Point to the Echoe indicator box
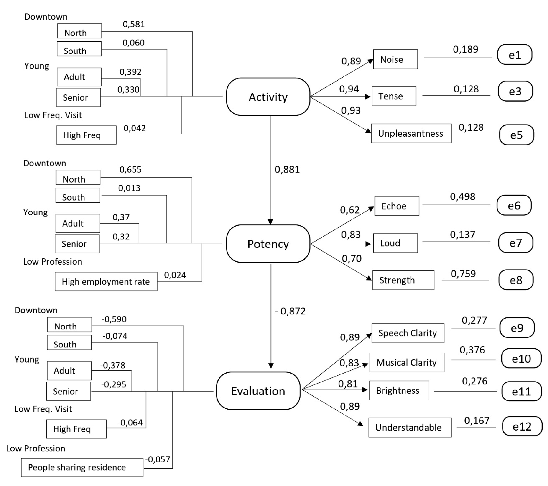pyautogui.click(x=397, y=206)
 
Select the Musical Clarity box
pyautogui.click(x=406, y=362)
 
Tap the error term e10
pyautogui.click(x=521, y=359)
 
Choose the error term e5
pyautogui.click(x=516, y=135)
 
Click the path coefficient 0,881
pyautogui.click(x=287, y=169)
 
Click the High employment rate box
pyautogui.click(x=106, y=281)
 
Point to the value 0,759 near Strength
pyautogui.click(x=463, y=274)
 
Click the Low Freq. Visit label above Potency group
pyautogui.click(x=53, y=115)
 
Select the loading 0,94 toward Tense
pyautogui.click(x=349, y=89)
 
